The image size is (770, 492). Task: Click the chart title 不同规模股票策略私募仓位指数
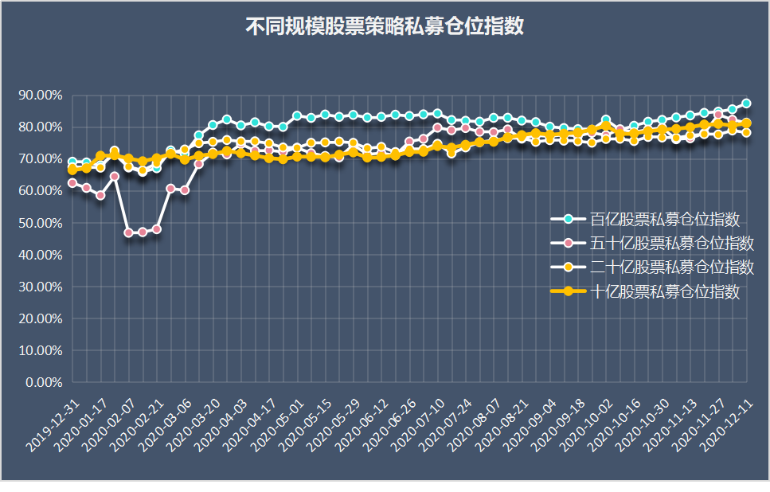click(385, 26)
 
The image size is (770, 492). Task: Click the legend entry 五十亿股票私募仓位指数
click(672, 242)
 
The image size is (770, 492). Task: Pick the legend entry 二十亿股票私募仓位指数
click(672, 266)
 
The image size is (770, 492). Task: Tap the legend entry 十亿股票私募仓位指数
click(665, 291)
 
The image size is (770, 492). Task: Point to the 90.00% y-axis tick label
click(40, 96)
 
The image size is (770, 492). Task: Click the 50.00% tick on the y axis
click(40, 223)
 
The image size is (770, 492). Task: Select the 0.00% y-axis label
click(43, 382)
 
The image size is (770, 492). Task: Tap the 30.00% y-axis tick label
click(40, 287)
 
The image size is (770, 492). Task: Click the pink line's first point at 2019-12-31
click(72, 183)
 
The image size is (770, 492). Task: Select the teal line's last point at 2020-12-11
click(746, 103)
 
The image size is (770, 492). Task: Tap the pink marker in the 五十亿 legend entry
click(568, 242)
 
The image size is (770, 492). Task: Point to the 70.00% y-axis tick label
click(40, 159)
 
